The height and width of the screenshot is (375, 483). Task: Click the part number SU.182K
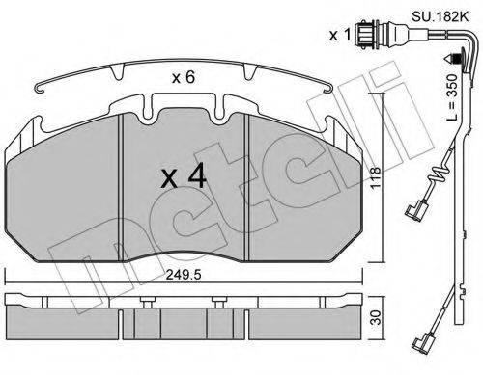[x=440, y=16]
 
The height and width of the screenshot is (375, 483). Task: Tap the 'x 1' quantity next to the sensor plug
[x=340, y=35]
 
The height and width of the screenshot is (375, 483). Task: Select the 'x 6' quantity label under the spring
[x=184, y=77]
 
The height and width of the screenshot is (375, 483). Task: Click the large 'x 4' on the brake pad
[x=184, y=176]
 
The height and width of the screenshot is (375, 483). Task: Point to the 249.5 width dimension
[x=184, y=275]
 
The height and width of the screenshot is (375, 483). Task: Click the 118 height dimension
[x=376, y=178]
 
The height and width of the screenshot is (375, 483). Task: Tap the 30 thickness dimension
[x=376, y=317]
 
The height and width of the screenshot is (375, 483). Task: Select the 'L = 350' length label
[x=452, y=97]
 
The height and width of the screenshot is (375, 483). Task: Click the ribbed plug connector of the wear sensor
[x=367, y=35]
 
